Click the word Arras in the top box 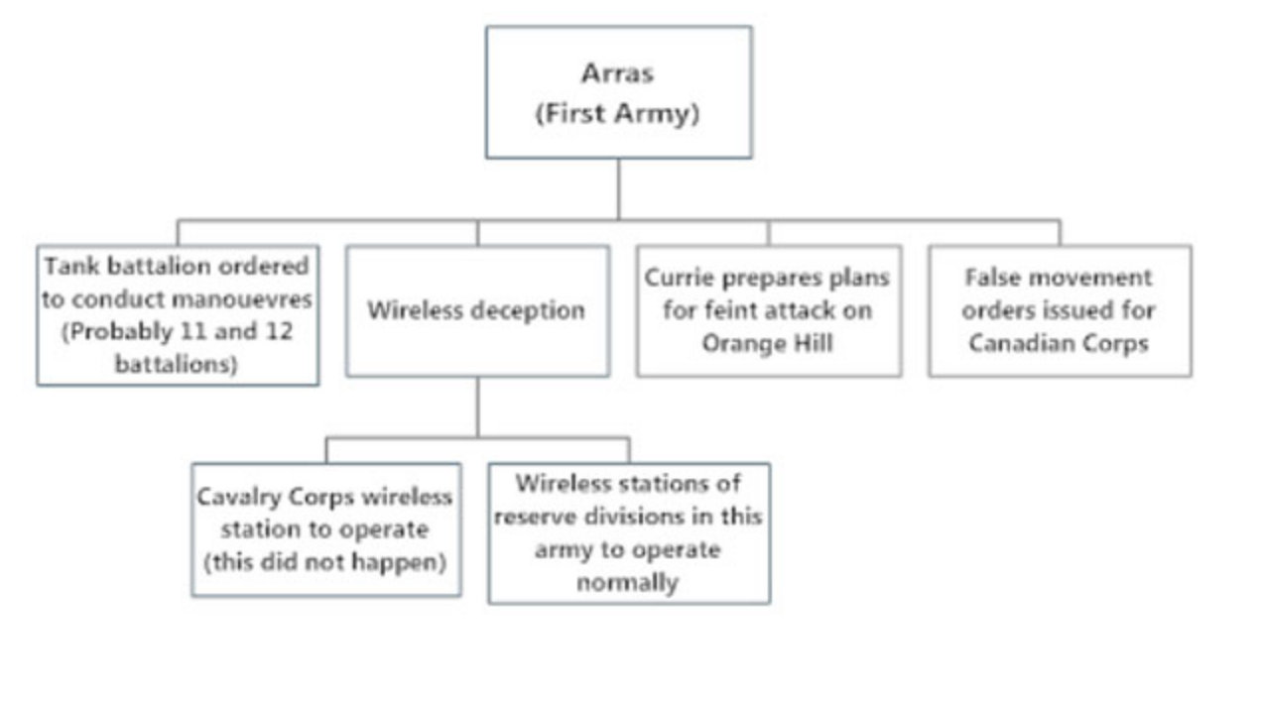tap(617, 73)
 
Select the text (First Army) tap(617, 114)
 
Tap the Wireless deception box tap(478, 311)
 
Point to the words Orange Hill tap(767, 343)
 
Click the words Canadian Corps tap(1059, 343)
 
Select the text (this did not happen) tap(325, 562)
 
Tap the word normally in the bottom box tap(628, 583)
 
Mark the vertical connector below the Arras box tap(619, 189)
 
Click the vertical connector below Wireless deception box tap(478, 408)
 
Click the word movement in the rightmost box tap(1090, 278)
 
